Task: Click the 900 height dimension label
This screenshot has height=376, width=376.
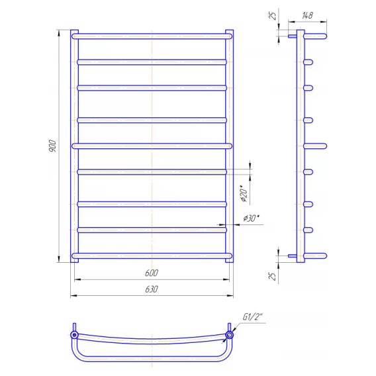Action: click(x=52, y=146)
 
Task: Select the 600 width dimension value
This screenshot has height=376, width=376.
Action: click(x=152, y=273)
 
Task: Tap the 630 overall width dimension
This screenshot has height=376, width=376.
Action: click(x=152, y=289)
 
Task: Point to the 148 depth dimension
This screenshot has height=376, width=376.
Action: click(x=307, y=16)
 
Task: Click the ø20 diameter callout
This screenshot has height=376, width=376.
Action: click(x=244, y=193)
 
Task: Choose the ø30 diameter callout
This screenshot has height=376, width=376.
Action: click(x=251, y=218)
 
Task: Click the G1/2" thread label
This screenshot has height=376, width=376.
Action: click(x=252, y=317)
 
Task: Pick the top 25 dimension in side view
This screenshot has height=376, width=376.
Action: click(x=273, y=16)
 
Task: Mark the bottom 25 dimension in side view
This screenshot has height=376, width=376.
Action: click(x=273, y=276)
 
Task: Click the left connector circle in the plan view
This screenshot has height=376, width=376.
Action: click(x=74, y=335)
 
